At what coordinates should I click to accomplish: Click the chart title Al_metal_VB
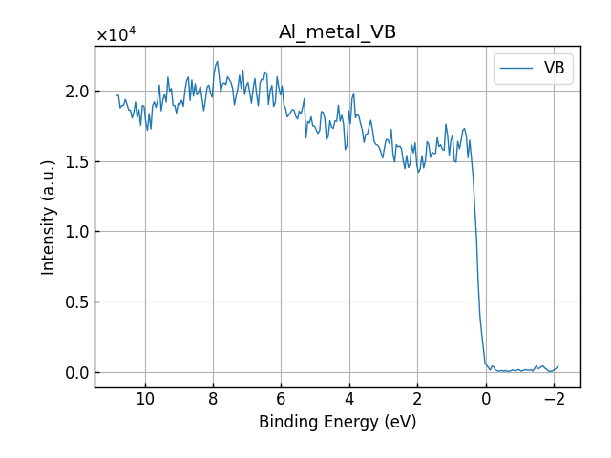click(337, 32)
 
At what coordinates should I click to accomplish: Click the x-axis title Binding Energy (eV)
click(337, 422)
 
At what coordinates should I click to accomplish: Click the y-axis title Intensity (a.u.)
click(49, 217)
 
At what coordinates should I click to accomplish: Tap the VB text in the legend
click(554, 69)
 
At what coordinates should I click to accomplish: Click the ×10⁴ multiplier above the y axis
click(116, 35)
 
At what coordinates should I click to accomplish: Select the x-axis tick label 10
click(145, 397)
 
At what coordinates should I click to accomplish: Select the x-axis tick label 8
click(213, 397)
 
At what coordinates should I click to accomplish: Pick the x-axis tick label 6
click(281, 397)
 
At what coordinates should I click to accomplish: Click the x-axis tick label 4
click(349, 397)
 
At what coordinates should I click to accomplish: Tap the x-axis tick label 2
click(417, 397)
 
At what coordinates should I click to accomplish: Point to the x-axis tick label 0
click(485, 397)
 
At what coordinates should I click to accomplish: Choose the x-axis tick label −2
click(553, 397)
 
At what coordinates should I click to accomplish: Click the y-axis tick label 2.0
click(77, 92)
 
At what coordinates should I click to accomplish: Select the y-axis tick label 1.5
click(77, 161)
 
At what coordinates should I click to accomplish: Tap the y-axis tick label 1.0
click(77, 232)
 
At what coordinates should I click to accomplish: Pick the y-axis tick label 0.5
click(77, 302)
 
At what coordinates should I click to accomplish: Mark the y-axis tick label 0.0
click(77, 373)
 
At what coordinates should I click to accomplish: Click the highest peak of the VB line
click(218, 62)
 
